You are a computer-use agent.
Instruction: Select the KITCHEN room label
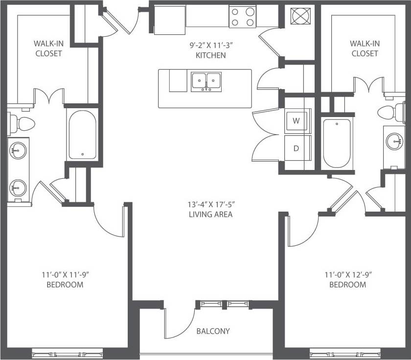coord(211,55)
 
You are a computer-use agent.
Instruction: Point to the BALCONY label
coord(213,331)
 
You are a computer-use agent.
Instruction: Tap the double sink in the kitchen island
coord(206,81)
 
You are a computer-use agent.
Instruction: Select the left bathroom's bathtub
coord(82,135)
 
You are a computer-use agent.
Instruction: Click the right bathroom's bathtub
coord(337,142)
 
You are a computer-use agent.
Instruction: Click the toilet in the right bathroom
coord(390,113)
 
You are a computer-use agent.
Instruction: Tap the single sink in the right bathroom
coord(394,142)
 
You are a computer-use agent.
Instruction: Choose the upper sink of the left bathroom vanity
coord(18,151)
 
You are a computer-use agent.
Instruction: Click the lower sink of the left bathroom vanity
coord(18,187)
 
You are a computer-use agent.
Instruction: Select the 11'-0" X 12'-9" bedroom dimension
coord(347,275)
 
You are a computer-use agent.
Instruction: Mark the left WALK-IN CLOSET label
coord(48,48)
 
